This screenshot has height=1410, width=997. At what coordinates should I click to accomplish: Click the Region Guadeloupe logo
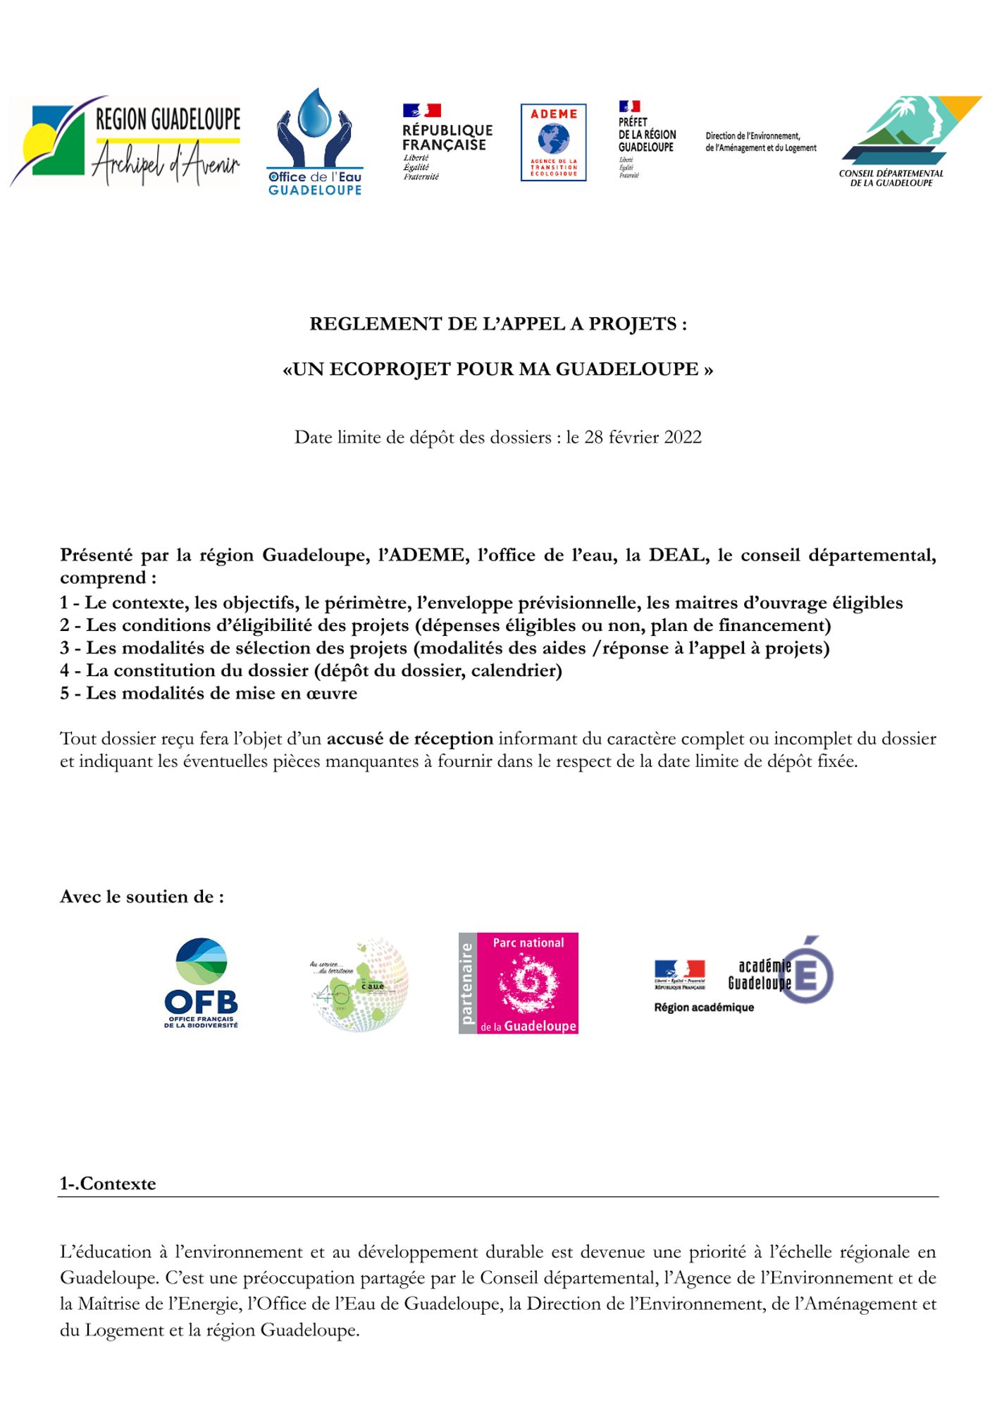(x=125, y=142)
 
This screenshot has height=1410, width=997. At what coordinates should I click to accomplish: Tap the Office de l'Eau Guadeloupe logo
(x=315, y=142)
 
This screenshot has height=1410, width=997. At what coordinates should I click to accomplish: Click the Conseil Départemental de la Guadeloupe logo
(x=910, y=141)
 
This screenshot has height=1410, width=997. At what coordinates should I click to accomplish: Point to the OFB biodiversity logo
(x=202, y=983)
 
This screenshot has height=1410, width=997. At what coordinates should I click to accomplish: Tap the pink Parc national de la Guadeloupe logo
(x=519, y=983)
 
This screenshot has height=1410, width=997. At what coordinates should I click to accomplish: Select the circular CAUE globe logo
(x=359, y=984)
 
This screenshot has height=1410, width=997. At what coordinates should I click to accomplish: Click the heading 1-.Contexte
(x=108, y=1184)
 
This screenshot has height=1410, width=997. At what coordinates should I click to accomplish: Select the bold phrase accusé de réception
(x=409, y=739)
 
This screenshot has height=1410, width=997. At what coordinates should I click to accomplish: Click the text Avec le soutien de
(x=142, y=897)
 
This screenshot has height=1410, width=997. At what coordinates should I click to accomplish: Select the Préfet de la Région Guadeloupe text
(x=646, y=134)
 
